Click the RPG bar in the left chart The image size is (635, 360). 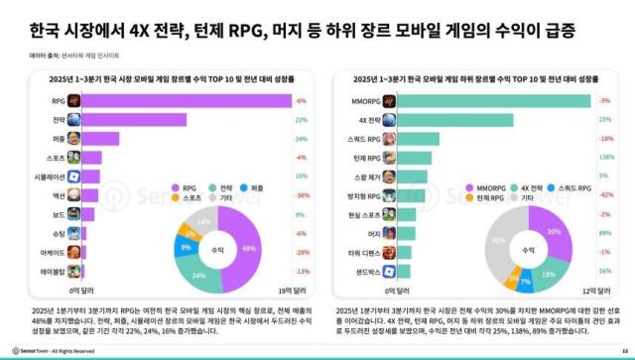tap(189, 100)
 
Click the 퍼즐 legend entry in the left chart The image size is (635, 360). tap(261, 187)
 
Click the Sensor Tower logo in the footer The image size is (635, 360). tap(39, 350)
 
